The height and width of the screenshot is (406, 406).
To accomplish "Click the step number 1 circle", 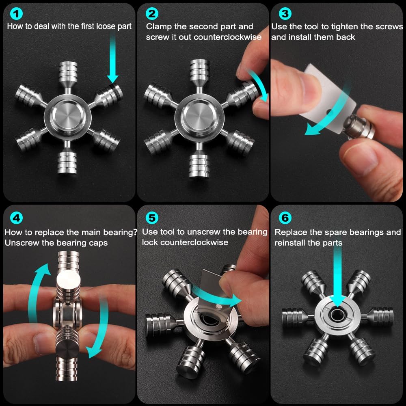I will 16,14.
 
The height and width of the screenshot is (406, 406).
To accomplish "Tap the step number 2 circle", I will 151,14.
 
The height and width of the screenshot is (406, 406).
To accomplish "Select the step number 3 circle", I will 285,14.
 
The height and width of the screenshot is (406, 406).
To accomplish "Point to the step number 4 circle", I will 16,218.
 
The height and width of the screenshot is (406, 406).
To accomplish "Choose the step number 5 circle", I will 151,218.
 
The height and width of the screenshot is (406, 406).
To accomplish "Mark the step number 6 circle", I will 286,218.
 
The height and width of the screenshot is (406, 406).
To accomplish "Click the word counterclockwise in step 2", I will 228,37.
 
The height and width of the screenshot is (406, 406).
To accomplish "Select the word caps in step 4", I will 98,243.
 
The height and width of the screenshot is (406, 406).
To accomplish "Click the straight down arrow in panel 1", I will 112,61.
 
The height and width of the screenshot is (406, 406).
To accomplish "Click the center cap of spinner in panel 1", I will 67,115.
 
